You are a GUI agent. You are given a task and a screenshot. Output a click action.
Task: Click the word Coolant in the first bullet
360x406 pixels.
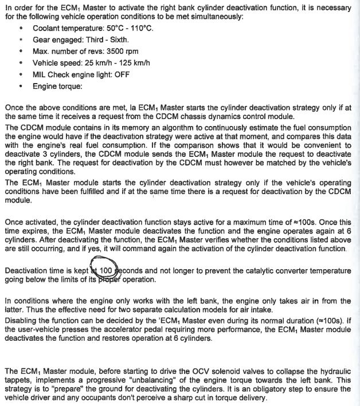[x=48, y=28]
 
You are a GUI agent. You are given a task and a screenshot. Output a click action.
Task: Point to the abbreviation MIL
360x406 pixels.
[x=40, y=74]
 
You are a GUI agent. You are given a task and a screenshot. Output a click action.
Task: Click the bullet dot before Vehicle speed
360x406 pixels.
[x=21, y=63]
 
